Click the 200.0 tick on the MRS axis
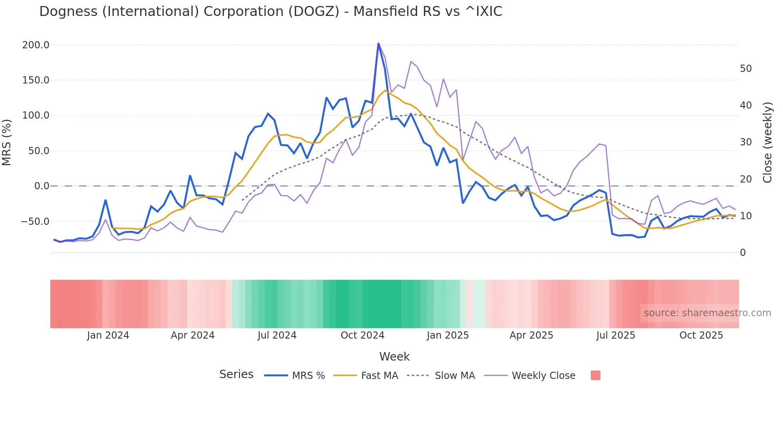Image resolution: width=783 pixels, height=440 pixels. tap(36, 45)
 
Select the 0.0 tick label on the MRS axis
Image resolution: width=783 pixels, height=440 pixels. tap(42, 186)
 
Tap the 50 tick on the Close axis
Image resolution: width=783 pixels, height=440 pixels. tap(745, 69)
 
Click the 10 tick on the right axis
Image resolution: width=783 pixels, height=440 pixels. tap(745, 216)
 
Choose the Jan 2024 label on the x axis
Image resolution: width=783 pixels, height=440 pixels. tap(108, 335)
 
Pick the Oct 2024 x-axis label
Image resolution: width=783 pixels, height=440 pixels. tap(362, 335)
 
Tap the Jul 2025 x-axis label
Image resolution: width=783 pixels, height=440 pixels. tap(616, 335)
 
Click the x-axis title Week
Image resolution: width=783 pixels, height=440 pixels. tap(394, 357)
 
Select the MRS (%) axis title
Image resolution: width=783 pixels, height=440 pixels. tap(7, 142)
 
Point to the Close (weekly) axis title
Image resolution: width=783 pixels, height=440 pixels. tap(767, 143)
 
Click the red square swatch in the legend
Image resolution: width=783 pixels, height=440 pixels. tap(595, 375)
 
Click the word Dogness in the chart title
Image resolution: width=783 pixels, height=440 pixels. tap(68, 12)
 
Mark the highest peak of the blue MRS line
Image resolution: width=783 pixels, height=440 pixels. tap(378, 44)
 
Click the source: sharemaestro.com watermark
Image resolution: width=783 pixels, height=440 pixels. tap(707, 313)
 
